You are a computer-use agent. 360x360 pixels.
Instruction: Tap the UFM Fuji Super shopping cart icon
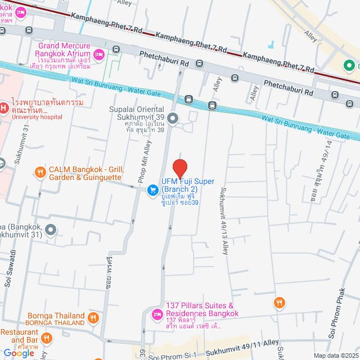(152, 191)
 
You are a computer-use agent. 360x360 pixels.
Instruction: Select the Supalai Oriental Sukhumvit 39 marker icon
(173, 118)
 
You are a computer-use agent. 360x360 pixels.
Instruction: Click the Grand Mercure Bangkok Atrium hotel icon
(99, 54)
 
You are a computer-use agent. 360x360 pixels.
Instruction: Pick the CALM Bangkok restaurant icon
(40, 173)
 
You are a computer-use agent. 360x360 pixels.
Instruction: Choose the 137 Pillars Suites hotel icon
(157, 313)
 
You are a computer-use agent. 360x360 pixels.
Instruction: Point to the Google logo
(19, 353)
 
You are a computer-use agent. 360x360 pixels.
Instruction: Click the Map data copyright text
(336, 355)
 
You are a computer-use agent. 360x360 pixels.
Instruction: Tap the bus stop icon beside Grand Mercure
(116, 49)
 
